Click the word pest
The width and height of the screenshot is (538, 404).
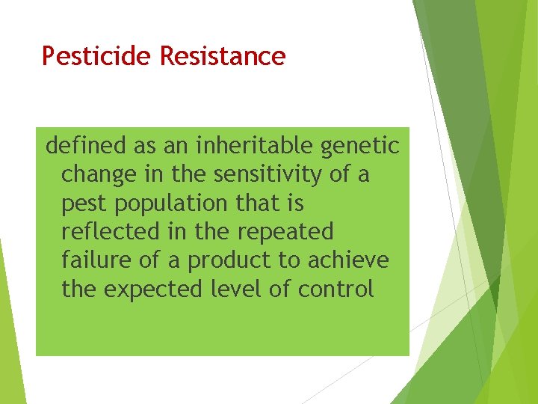point(85,203)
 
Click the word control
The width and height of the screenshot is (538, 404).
point(336,289)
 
